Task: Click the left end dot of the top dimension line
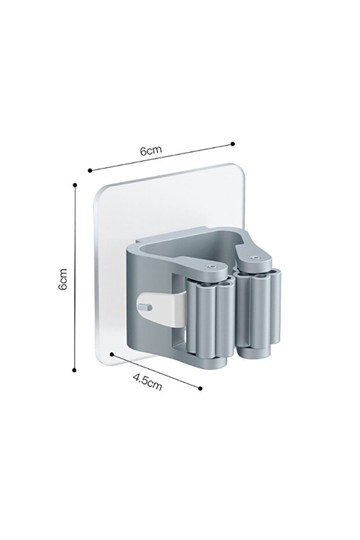[x=90, y=170]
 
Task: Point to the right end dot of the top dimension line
[x=232, y=143]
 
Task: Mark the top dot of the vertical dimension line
[x=75, y=184]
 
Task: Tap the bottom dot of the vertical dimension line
[x=75, y=369]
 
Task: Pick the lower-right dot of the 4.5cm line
[x=201, y=389]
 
